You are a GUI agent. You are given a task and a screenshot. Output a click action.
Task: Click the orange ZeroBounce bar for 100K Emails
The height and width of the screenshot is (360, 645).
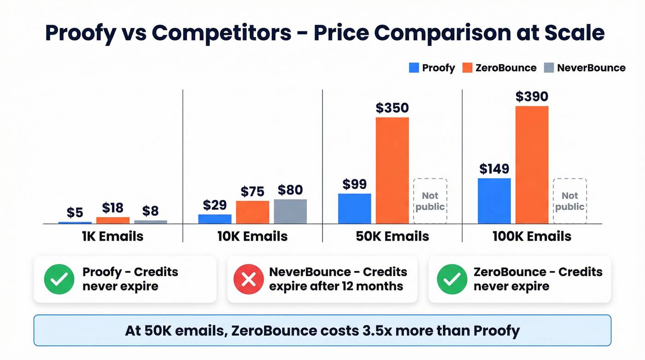click(x=532, y=165)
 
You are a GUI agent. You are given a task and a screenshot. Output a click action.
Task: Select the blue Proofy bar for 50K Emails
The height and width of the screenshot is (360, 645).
click(x=354, y=208)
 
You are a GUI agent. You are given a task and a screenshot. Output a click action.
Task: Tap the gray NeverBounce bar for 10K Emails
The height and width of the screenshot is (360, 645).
click(x=290, y=211)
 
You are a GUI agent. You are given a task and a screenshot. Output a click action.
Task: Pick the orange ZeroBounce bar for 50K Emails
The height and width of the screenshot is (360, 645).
click(x=392, y=170)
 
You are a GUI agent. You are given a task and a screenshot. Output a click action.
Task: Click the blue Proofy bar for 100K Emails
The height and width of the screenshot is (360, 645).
click(x=494, y=201)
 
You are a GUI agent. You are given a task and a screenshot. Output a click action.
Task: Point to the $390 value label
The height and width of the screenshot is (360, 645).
click(x=532, y=96)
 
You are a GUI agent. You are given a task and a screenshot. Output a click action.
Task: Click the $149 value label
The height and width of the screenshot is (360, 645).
click(x=494, y=169)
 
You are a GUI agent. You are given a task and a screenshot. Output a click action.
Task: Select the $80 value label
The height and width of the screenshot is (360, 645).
click(x=290, y=190)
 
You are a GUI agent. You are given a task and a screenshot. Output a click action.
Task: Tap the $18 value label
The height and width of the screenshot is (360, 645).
click(x=113, y=208)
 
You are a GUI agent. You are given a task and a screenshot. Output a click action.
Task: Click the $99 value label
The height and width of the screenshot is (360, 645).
click(x=354, y=184)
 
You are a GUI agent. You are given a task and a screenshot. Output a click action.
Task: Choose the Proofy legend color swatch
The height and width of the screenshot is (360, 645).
click(x=414, y=68)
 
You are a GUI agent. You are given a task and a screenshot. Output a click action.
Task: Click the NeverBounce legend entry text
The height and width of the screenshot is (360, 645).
click(x=591, y=68)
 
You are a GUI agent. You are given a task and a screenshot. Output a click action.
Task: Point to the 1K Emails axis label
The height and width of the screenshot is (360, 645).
click(x=112, y=236)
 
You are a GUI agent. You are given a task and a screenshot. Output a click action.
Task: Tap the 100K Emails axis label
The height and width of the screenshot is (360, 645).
click(x=533, y=236)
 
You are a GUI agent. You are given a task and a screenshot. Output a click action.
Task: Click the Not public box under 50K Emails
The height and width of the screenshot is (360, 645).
click(x=430, y=201)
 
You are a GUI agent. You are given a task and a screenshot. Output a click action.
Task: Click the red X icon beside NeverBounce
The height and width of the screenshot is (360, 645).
click(x=249, y=279)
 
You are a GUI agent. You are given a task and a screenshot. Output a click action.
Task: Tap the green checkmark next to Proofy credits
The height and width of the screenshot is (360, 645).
click(x=59, y=279)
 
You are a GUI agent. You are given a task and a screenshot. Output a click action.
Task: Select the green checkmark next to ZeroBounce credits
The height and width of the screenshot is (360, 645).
click(x=451, y=279)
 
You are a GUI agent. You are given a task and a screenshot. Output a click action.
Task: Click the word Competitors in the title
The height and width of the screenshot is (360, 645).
click(x=222, y=33)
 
